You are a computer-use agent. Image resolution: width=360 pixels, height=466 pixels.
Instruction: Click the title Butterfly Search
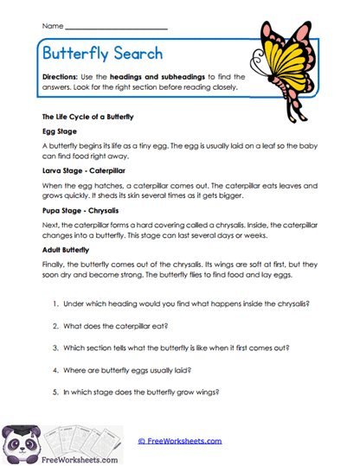[102, 53]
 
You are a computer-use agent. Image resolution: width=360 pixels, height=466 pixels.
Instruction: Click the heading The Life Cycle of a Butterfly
[87, 116]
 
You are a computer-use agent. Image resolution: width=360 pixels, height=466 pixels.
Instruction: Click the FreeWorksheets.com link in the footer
[179, 441]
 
